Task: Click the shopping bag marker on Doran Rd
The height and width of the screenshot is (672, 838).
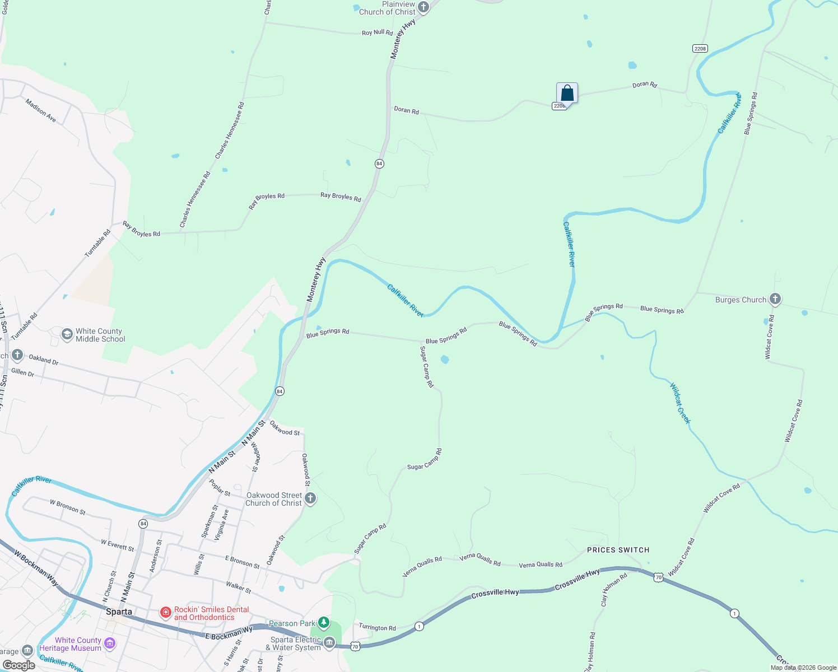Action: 567,93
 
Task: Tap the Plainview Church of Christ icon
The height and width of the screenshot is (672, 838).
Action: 423,8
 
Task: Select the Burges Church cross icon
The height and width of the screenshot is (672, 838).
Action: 775,299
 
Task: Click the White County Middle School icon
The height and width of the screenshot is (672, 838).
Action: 67,335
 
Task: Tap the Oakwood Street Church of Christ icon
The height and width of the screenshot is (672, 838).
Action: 310,498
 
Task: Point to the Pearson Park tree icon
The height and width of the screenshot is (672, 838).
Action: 324,623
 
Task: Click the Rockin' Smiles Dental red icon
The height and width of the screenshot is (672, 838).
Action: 166,613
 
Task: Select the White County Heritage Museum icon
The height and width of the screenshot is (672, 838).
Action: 110,643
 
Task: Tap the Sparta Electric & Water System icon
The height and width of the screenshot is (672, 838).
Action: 329,643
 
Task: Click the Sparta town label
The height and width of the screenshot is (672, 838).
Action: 119,612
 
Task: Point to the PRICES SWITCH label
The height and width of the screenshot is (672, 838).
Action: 618,550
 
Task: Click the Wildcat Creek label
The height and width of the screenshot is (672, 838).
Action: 681,403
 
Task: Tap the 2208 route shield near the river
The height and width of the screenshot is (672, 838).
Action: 700,49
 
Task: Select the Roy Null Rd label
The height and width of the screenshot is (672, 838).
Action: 377,32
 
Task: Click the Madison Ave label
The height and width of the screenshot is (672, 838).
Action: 41,110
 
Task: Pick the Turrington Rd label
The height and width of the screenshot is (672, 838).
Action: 377,628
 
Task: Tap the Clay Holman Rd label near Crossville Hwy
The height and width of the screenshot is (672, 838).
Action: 613,589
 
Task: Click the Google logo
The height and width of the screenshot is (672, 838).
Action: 18,665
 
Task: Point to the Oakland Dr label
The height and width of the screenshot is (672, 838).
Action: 44,359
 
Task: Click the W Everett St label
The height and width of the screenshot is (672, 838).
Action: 117,545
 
